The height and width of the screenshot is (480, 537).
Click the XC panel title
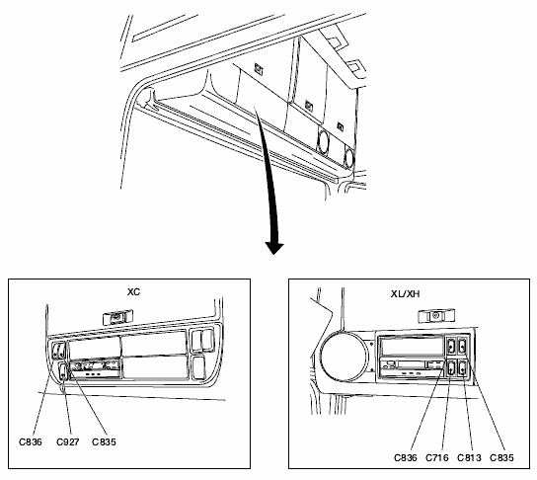tap(133, 292)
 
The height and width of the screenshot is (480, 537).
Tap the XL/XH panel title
tap(405, 294)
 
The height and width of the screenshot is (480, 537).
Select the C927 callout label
tap(68, 441)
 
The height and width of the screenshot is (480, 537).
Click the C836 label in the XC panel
tap(31, 441)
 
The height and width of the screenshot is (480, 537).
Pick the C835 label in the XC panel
tap(104, 441)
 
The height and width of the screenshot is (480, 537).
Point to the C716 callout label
tap(437, 457)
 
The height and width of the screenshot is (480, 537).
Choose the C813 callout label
tap(469, 457)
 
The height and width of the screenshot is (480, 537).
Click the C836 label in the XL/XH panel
tap(406, 457)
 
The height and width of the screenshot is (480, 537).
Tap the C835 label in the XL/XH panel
tap(501, 457)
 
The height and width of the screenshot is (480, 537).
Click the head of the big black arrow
tap(274, 248)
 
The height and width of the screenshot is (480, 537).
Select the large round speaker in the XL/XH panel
tap(344, 357)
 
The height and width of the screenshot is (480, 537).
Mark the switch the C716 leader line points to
tap(451, 369)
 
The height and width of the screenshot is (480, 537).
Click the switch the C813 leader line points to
tap(463, 369)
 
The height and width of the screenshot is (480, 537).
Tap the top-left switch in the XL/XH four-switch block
tap(451, 346)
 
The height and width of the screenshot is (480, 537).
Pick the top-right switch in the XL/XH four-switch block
tap(463, 346)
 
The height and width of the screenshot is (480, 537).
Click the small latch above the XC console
tap(117, 317)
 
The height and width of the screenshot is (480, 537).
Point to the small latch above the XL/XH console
tap(436, 315)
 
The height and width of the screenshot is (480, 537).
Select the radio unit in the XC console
tap(95, 368)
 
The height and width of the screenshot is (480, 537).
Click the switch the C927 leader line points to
tap(62, 371)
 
